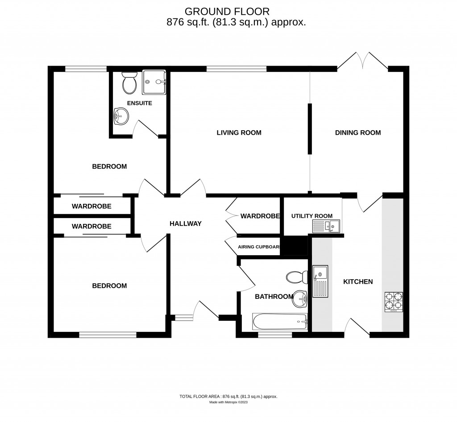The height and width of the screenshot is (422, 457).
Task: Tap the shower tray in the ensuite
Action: click(x=154, y=82)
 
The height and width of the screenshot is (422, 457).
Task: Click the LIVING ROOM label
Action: click(x=239, y=132)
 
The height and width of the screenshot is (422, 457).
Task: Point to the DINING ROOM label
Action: click(x=358, y=132)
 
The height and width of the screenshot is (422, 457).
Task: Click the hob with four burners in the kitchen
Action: click(x=393, y=302)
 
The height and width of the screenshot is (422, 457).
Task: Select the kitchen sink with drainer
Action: click(x=320, y=281)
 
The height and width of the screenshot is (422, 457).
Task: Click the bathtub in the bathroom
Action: click(x=280, y=321)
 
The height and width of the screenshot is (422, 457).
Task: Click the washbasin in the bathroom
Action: click(x=300, y=299)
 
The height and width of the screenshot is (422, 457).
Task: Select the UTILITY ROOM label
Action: click(x=312, y=216)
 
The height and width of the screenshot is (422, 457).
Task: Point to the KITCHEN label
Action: click(x=357, y=281)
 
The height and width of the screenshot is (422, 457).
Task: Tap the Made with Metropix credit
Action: click(x=228, y=402)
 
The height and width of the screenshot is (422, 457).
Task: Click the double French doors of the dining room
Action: click(x=362, y=61)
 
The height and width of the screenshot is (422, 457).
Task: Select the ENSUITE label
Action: click(x=139, y=103)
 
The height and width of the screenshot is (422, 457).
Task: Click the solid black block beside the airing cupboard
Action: click(x=294, y=245)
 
